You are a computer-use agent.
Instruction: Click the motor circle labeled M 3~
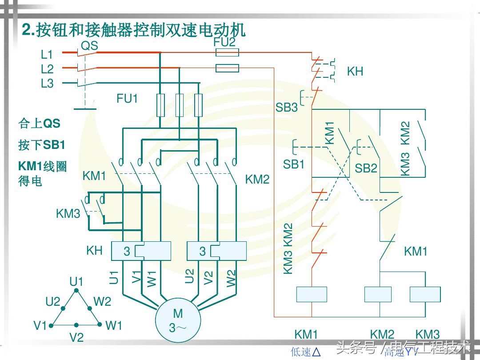coord(178,320)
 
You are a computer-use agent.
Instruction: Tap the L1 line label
coord(47,55)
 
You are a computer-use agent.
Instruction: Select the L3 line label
coord(47,83)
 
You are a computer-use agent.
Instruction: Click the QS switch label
coord(89,45)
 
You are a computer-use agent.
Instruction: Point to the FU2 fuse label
coord(224,42)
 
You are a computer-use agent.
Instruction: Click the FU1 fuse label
coord(127,99)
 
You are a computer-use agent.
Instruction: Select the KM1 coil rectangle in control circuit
coord(312,294)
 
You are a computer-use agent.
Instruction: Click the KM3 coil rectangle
coord(425,294)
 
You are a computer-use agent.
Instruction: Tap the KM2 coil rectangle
coord(378,294)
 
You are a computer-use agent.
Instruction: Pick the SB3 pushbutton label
coord(287,108)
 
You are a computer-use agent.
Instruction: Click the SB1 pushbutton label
coord(294,164)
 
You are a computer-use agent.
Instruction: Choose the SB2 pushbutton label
coord(366,168)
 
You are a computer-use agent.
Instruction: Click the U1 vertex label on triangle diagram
coord(76,281)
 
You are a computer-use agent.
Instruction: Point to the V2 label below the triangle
coord(76,337)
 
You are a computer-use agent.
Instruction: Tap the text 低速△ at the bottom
coord(306,352)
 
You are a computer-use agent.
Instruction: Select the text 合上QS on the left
coord(39,123)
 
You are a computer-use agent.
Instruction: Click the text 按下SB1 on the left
coord(42,145)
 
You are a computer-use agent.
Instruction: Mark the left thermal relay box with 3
coord(141,251)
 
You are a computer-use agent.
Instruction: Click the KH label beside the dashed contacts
coord(355,72)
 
